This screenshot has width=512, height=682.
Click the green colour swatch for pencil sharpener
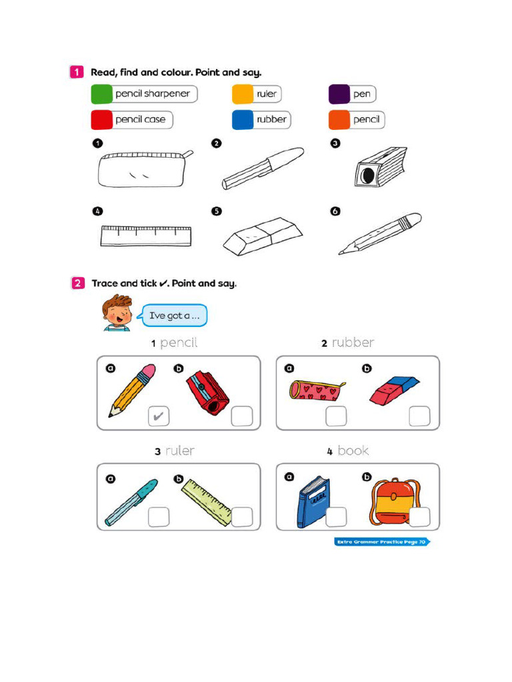coord(101,94)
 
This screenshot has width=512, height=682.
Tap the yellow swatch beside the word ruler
coord(242,94)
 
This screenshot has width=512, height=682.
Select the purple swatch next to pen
coord(339,94)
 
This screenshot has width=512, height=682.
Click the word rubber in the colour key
coord(271,120)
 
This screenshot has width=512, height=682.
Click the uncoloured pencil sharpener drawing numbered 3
coord(380,167)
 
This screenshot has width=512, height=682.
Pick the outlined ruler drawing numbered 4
coord(146,236)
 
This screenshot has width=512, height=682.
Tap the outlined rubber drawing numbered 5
coord(262,236)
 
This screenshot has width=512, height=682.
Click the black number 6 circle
coord(335,212)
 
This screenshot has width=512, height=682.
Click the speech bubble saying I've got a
coord(175,316)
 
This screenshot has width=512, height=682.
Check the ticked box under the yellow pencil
coord(158,417)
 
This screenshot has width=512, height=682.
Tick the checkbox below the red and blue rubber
coord(419,416)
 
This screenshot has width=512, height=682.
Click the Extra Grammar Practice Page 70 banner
coord(381,542)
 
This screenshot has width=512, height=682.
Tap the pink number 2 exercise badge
coord(77,283)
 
